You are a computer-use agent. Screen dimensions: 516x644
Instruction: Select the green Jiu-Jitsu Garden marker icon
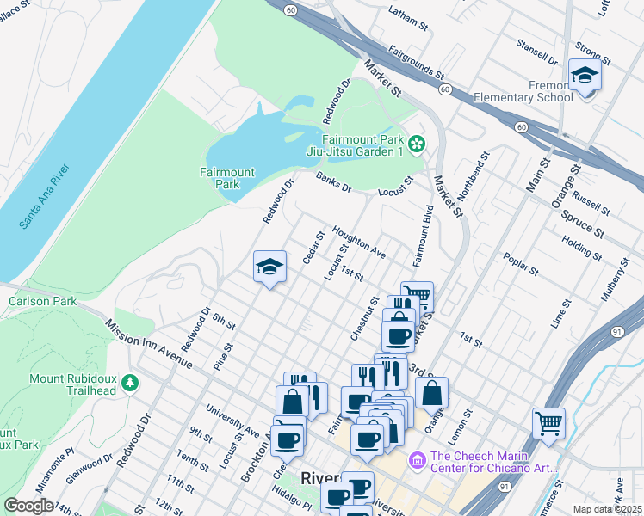tap(418, 143)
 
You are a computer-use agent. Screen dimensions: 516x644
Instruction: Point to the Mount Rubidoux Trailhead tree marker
tap(129, 381)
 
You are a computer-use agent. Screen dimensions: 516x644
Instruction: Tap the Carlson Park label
tap(42, 301)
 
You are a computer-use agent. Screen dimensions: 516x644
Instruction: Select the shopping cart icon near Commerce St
tap(548, 423)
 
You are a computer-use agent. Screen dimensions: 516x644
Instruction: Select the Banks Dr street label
tap(334, 182)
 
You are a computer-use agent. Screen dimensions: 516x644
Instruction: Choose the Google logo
tap(28, 506)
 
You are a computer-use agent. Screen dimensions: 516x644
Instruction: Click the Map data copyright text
tap(607, 509)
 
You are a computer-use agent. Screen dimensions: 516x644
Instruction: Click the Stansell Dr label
tap(536, 51)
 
